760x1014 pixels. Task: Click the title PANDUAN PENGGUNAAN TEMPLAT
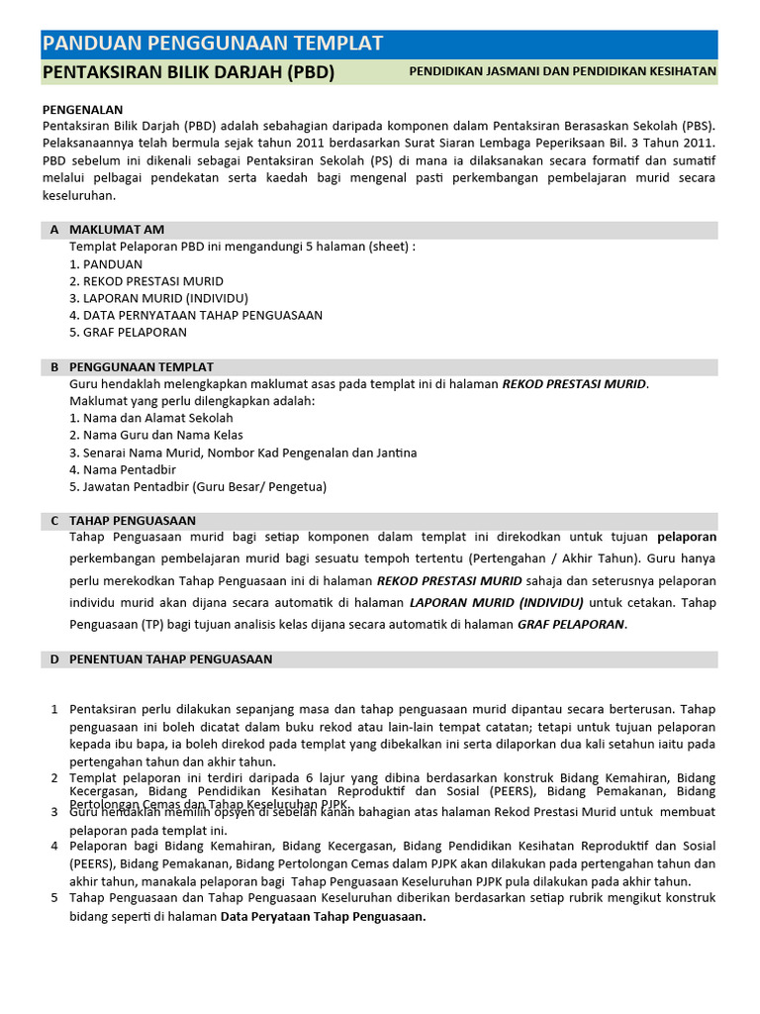point(213,43)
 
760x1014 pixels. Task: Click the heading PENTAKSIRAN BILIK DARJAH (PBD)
point(188,72)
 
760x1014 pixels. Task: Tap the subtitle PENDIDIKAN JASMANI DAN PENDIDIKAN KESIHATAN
point(562,72)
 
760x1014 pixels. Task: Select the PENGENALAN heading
point(82,110)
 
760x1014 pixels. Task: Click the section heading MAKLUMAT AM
point(117,230)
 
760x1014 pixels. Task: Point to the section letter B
point(54,367)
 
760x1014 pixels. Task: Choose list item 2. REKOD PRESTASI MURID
point(146,281)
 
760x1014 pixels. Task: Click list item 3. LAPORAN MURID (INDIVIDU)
point(158,298)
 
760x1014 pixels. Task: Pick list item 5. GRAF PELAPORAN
point(129,332)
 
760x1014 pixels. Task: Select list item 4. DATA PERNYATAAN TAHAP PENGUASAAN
point(196,315)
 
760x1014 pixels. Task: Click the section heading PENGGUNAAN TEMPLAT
point(142,367)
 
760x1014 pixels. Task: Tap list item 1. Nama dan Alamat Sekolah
point(151,418)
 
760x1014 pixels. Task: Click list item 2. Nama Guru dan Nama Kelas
point(156,435)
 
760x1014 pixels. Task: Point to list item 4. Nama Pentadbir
point(123,469)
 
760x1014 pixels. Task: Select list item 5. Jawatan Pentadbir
point(198,486)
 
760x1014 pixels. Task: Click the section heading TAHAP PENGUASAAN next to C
point(133,520)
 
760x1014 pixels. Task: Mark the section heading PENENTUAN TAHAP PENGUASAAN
point(170,659)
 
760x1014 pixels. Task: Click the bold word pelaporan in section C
point(687,537)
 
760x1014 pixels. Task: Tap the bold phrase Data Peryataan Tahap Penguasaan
point(323,917)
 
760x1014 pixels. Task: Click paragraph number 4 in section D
point(54,846)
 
